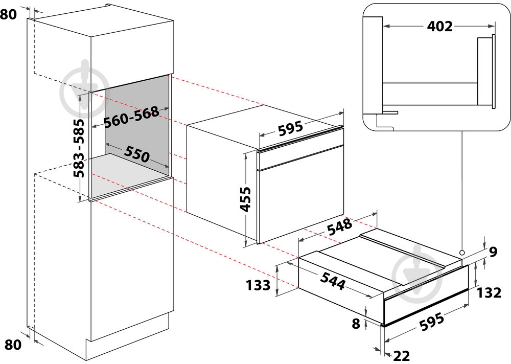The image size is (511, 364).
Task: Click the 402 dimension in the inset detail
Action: (x=439, y=27)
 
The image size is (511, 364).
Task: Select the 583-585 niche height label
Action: (x=79, y=148)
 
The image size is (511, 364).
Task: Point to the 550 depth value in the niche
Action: (x=136, y=153)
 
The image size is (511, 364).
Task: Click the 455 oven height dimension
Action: (x=245, y=199)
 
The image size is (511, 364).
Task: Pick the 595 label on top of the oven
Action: (x=290, y=128)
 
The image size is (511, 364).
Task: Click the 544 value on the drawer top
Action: (x=333, y=281)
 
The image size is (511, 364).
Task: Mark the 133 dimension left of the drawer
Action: (x=258, y=285)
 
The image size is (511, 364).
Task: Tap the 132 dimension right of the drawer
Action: (x=489, y=293)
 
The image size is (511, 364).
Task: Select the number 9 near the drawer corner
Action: (x=493, y=252)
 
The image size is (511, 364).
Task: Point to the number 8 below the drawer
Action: (x=356, y=324)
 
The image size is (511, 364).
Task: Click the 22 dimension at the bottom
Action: (x=401, y=356)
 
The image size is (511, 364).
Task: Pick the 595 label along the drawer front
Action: (x=431, y=322)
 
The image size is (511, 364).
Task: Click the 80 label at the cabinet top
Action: (x=8, y=14)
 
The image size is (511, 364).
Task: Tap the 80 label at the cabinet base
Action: (x=13, y=345)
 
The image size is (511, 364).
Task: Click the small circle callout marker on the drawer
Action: (x=462, y=252)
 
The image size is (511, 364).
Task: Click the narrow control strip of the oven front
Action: (x=300, y=157)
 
